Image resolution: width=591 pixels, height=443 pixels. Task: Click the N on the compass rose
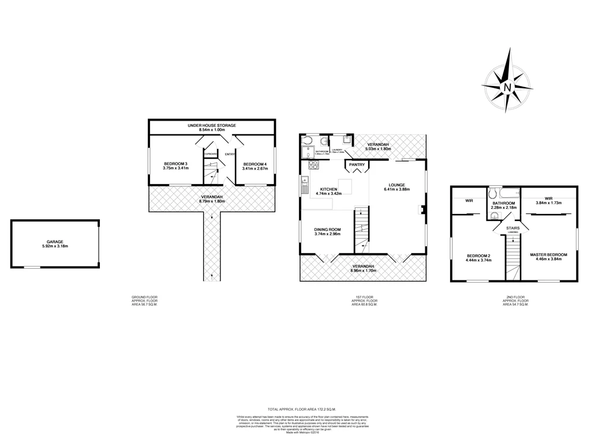point(508,88)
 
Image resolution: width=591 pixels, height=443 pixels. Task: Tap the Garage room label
point(55,242)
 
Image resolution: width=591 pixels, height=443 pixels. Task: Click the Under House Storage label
point(212,125)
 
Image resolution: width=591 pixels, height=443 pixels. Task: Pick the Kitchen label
point(328,189)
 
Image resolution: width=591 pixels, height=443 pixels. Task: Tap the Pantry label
point(356,164)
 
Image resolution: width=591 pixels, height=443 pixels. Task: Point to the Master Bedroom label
point(549,254)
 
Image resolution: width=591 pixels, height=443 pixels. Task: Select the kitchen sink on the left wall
point(303,186)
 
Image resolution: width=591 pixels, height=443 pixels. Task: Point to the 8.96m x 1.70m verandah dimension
point(364,270)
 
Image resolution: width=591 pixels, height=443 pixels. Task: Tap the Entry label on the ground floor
point(229,154)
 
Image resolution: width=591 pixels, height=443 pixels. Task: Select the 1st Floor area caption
point(364,301)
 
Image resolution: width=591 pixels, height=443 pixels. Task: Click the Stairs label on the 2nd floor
point(513,228)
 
